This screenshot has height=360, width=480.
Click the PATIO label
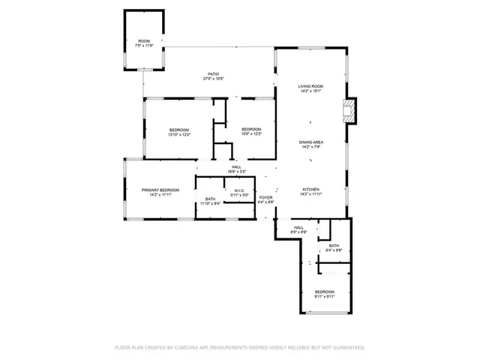(214, 73)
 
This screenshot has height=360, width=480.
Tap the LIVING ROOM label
(310, 86)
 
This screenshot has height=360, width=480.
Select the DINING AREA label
(310, 142)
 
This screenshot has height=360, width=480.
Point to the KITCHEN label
(311, 189)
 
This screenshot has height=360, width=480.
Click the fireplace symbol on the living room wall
(348, 112)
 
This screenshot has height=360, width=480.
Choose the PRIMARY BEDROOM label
(160, 190)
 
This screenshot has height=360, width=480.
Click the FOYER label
(266, 197)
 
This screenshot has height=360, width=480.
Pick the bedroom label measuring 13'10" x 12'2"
(179, 130)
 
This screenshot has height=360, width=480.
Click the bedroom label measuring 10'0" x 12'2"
(251, 130)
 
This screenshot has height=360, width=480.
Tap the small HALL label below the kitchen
(298, 227)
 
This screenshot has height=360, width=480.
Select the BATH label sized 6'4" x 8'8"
(334, 245)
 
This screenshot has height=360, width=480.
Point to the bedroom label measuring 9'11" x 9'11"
(324, 291)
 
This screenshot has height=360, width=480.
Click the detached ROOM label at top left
(143, 41)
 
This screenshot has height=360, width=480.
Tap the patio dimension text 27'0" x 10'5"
(214, 79)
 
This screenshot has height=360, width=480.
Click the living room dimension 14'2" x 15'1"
(310, 91)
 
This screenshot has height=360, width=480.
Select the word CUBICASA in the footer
(188, 348)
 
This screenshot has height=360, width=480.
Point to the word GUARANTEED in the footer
(347, 348)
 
